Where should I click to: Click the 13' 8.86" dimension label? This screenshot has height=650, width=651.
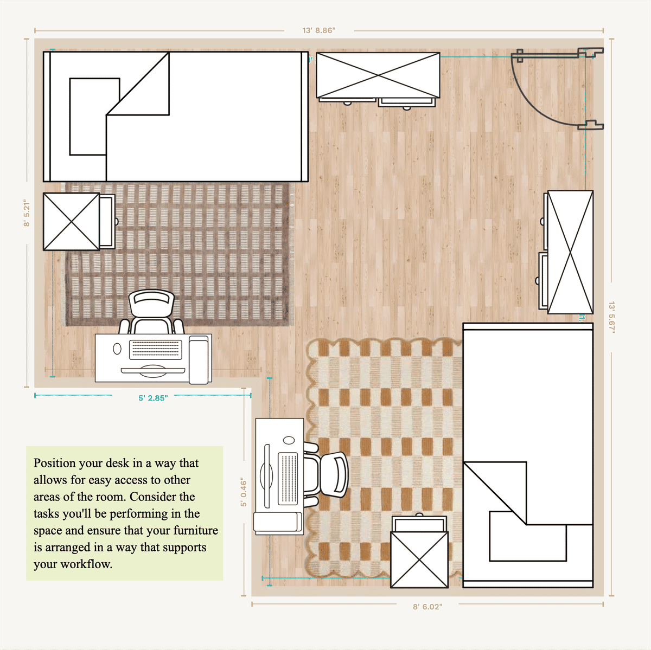pos(319,31)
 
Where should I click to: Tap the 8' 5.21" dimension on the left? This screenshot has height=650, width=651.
pos(27,213)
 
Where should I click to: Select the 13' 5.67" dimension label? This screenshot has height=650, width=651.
pos(611,317)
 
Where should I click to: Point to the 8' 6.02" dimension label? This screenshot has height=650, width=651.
pos(427,607)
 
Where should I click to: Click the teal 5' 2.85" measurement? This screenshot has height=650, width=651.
pos(153,398)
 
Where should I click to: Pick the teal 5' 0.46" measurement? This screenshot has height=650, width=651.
pos(244,493)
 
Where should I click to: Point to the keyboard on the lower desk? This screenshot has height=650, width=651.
pos(288,479)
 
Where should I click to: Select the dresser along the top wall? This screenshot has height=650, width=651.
pos(378,75)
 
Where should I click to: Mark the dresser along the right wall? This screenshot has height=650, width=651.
pos(570,252)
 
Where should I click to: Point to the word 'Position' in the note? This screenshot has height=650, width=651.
pos(55,463)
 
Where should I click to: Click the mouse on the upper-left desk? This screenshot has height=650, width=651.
pos(117,349)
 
